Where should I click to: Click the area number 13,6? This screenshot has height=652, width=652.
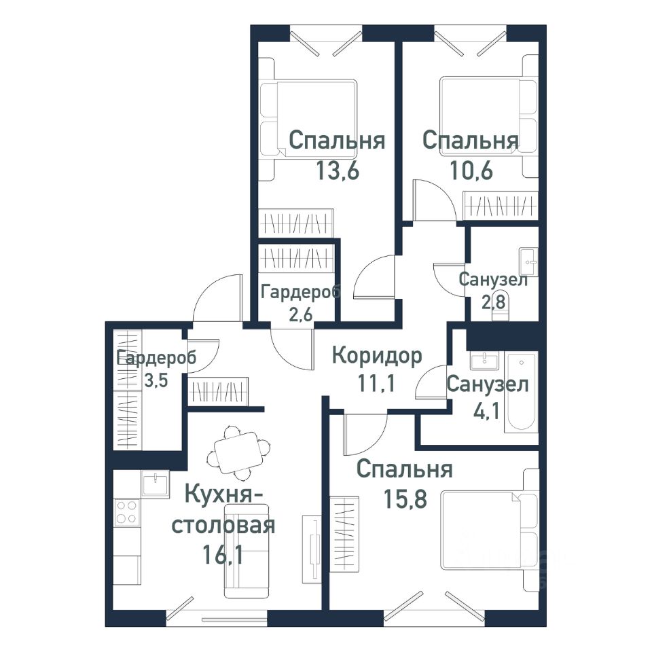point(338,170)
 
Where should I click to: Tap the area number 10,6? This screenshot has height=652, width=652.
point(471,170)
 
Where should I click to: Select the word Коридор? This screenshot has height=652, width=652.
point(377,357)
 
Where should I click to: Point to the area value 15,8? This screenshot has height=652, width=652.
point(405,499)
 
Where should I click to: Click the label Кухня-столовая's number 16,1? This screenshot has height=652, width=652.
point(223,554)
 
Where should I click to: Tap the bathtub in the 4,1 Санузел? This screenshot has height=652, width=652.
point(522,392)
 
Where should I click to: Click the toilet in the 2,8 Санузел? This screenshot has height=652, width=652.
point(501,310)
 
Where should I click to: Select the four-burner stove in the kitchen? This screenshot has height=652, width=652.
point(127,512)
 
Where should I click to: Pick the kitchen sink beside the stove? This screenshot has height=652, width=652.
point(156,484)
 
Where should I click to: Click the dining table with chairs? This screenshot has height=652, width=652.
point(238,452)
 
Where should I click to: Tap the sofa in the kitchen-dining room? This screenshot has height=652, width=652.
point(246,551)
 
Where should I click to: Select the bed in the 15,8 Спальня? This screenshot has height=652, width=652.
point(490,530)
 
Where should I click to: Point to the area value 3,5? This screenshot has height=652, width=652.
point(156,380)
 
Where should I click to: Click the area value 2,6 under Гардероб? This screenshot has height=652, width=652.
point(301,314)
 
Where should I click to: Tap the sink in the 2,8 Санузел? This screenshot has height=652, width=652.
point(528,262)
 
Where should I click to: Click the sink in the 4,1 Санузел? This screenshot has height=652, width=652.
point(484,360)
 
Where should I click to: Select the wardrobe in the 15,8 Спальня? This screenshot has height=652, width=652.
point(344,534)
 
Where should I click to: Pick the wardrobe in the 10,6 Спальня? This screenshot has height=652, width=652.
point(501,205)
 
